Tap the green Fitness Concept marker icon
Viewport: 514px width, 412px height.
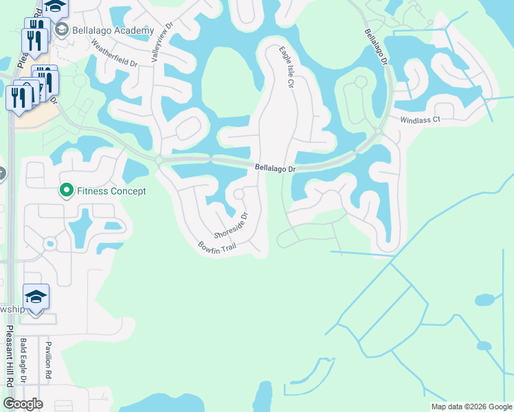[67, 190]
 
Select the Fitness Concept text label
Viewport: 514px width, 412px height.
[112, 191]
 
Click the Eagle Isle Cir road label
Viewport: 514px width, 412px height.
[286, 67]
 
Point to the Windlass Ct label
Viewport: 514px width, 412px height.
[420, 120]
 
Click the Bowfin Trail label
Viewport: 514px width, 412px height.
[217, 246]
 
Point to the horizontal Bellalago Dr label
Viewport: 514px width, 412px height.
[275, 168]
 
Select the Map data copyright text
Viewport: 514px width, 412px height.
[471, 407]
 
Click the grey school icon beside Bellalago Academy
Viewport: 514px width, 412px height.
[61, 30]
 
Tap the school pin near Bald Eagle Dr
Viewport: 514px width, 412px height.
[36, 298]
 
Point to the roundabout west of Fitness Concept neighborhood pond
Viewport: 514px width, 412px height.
[49, 244]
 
